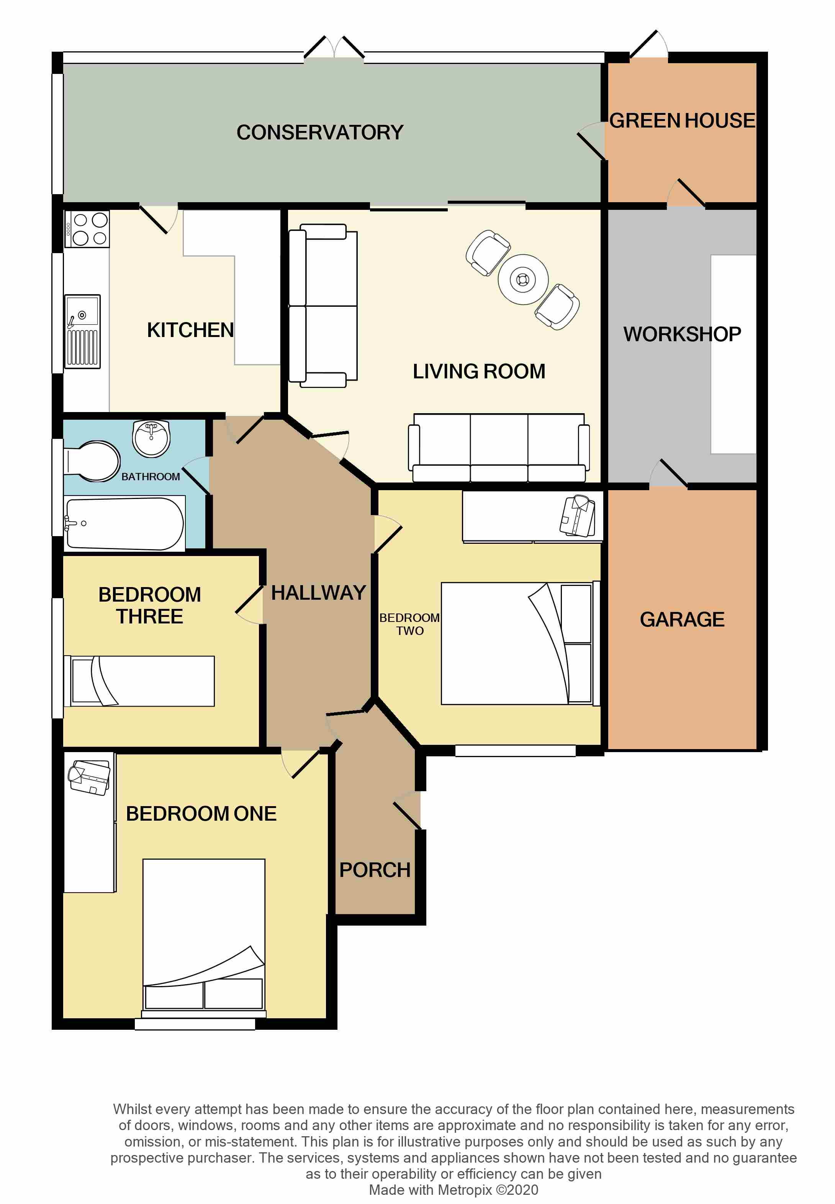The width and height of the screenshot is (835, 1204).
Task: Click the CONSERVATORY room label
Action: [x=320, y=133]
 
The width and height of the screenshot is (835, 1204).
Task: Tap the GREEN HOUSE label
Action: [x=682, y=120]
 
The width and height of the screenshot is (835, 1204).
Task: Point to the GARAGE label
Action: [x=682, y=619]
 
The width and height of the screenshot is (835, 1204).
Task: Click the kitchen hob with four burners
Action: [x=87, y=229]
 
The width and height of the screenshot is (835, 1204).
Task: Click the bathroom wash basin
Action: [x=151, y=438]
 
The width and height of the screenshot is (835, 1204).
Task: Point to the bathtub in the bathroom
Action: [x=124, y=523]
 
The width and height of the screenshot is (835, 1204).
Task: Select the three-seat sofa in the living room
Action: [x=499, y=448]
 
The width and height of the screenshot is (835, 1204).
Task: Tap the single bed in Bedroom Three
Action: [x=139, y=681]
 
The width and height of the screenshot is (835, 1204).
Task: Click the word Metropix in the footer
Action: [x=465, y=1190]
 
